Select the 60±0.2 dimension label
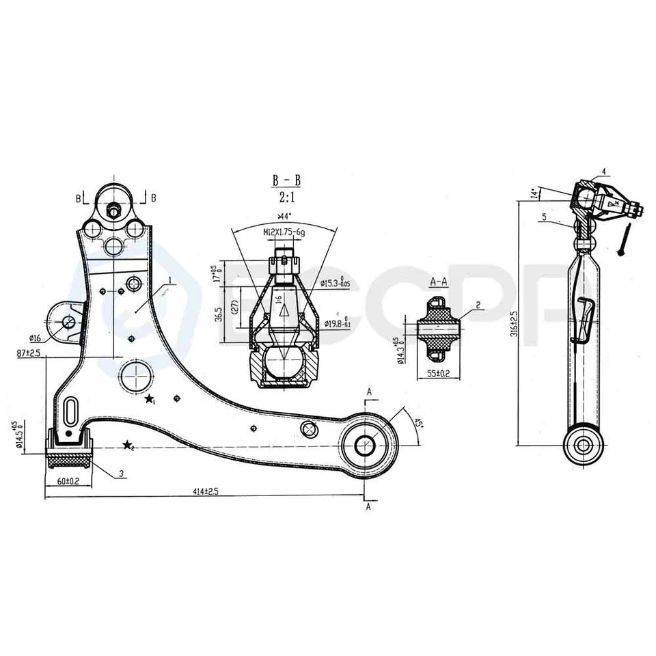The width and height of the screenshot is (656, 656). tap(69, 480)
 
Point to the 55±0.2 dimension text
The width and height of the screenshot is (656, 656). tap(438, 374)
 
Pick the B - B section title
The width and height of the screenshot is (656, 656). tap(286, 180)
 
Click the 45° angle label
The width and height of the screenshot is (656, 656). tap(418, 424)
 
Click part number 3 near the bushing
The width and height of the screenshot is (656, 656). tap(120, 474)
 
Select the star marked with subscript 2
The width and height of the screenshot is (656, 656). tap(127, 446)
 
